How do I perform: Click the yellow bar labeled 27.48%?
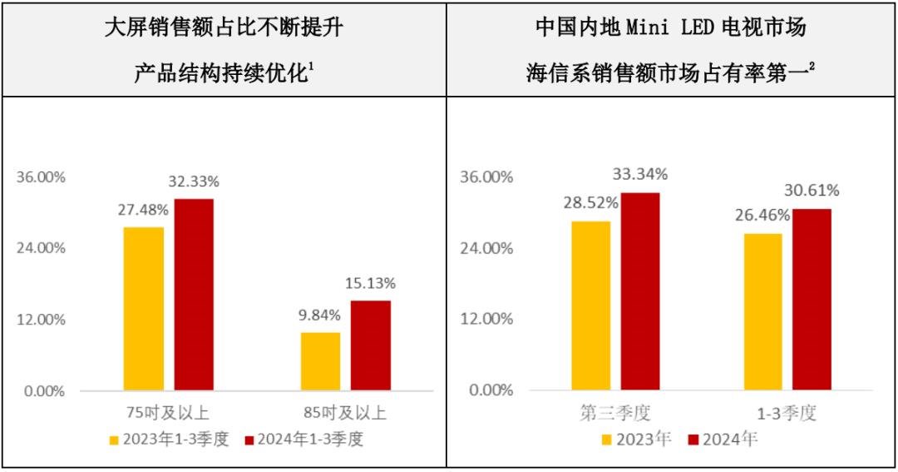point(144,308)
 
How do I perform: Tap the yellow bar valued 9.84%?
point(320,361)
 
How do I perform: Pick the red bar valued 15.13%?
point(370,345)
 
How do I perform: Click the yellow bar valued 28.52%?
point(590,306)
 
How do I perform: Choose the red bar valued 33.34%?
point(639,291)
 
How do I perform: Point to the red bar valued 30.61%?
point(811,299)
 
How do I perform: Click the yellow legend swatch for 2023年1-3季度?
point(115,440)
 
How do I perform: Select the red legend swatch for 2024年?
point(693,440)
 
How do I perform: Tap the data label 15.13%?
point(370,283)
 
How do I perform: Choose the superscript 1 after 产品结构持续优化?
point(310,67)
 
